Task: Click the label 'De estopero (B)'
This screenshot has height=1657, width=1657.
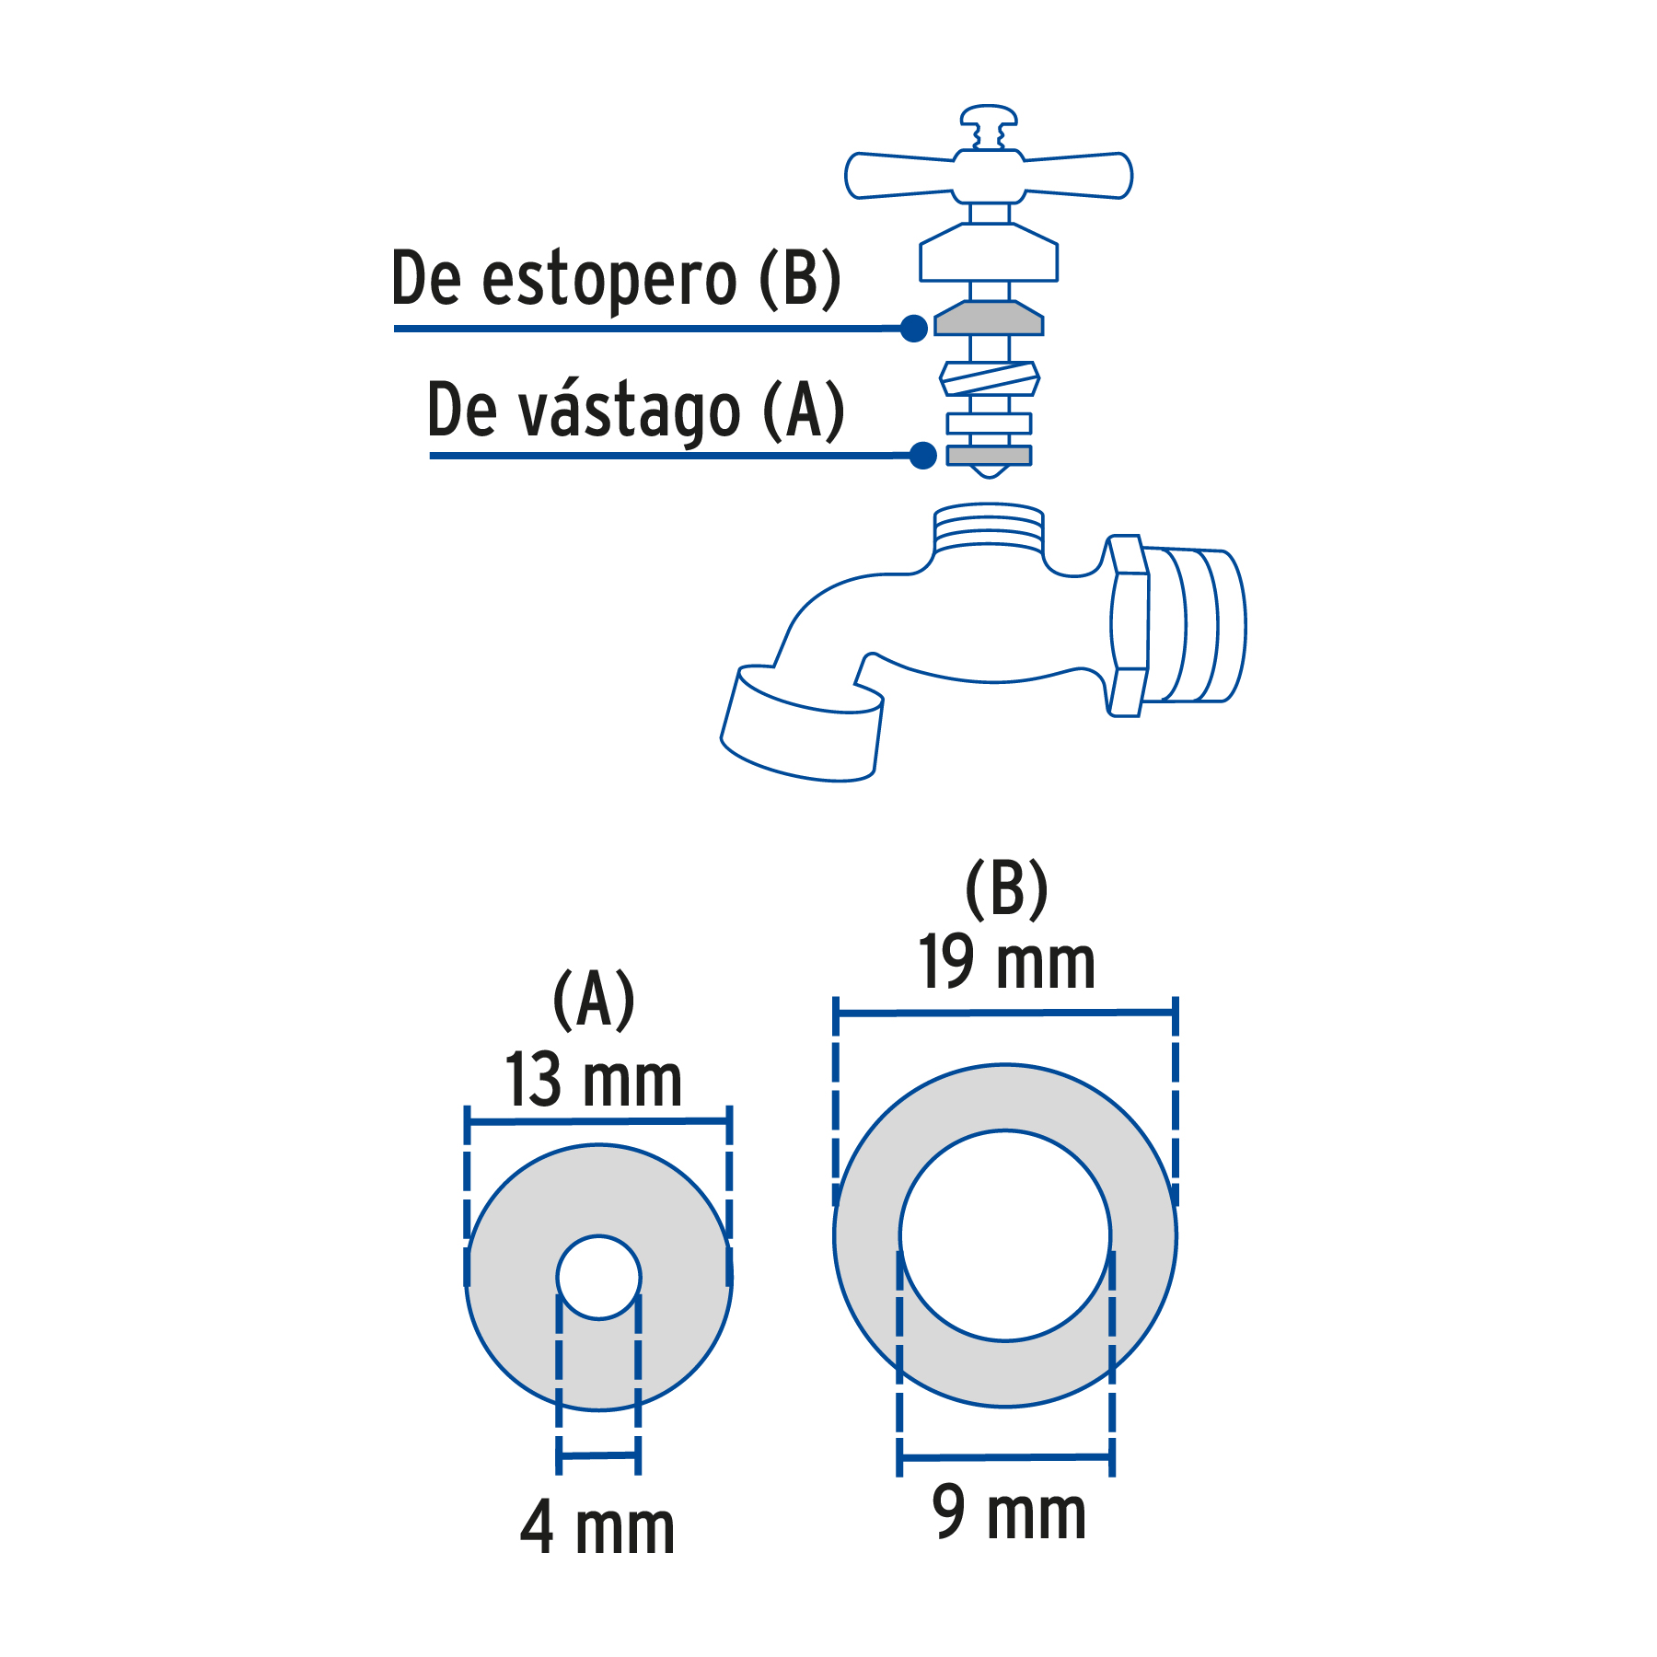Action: (615, 278)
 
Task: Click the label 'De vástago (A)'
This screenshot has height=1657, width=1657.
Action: (635, 411)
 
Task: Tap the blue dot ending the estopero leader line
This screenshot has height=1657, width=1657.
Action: (913, 328)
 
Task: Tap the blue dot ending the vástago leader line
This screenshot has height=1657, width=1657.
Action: (922, 455)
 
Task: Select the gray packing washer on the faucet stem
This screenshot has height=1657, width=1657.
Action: (989, 319)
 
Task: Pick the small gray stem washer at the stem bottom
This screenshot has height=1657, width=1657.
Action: (989, 455)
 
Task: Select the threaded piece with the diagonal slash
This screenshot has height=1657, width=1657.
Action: (990, 378)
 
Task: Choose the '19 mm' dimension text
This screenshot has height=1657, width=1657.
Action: (1007, 964)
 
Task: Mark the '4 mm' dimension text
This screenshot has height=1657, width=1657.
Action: (597, 1528)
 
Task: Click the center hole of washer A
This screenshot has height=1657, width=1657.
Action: (598, 1278)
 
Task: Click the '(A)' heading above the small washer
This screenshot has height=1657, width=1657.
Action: (594, 999)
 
